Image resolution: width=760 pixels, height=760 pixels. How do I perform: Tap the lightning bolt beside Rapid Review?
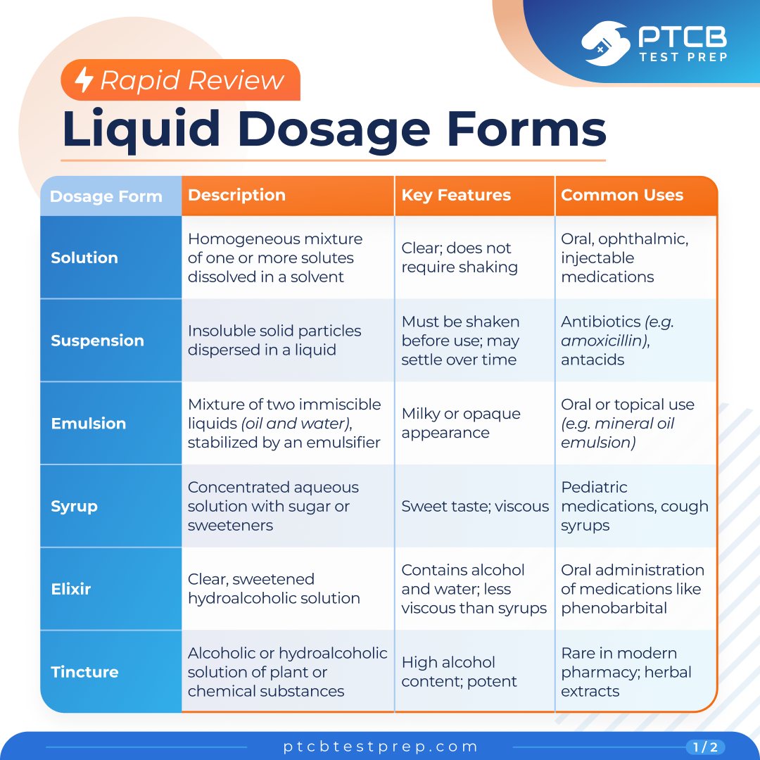coord(84,80)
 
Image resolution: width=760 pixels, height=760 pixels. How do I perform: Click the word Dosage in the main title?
coord(334,129)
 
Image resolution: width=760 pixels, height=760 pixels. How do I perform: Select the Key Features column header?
coord(456,195)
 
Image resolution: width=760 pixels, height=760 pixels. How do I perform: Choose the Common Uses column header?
coord(622,195)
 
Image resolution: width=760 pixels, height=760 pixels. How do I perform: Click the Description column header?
coord(236,195)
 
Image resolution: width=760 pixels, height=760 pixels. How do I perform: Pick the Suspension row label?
coord(97,341)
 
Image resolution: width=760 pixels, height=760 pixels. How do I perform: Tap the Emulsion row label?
coord(88,423)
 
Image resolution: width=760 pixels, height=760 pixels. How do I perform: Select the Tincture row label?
coord(84,672)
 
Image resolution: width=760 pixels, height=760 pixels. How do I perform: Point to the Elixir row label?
coord(71,589)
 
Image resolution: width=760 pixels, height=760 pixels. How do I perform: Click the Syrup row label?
coord(74,507)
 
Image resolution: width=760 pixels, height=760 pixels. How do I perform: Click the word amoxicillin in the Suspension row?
coord(604,341)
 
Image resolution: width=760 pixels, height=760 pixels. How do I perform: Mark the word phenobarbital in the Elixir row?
coord(614,608)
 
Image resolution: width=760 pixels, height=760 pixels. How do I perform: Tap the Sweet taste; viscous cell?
coord(475,506)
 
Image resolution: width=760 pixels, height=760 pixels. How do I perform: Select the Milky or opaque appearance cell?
coord(461,423)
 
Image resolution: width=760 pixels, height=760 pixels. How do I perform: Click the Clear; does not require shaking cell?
coord(460,258)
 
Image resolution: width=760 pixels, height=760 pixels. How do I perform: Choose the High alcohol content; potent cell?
coord(459,672)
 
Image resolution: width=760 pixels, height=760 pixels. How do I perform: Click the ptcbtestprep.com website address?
coord(381,747)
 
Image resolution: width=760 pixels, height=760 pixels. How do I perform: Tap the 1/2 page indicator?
coord(706,747)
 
